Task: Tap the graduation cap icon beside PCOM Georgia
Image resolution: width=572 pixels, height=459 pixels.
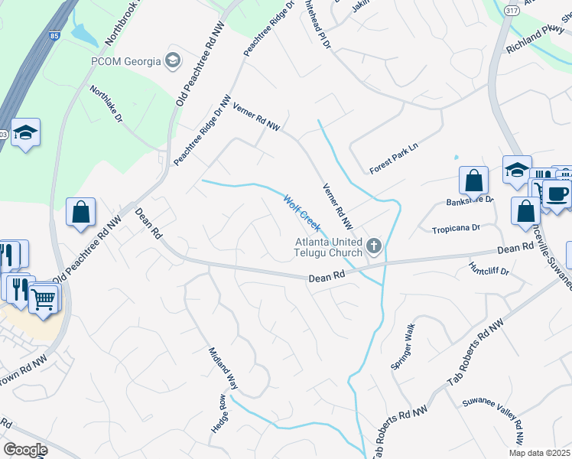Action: [174, 60]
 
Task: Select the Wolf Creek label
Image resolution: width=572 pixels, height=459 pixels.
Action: [301, 213]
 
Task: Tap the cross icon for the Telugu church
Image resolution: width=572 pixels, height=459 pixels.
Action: [374, 246]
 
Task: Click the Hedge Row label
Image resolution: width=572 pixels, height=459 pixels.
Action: [217, 415]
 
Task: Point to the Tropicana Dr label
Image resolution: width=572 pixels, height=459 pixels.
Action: [455, 229]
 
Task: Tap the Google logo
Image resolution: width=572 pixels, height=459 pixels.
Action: [25, 449]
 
